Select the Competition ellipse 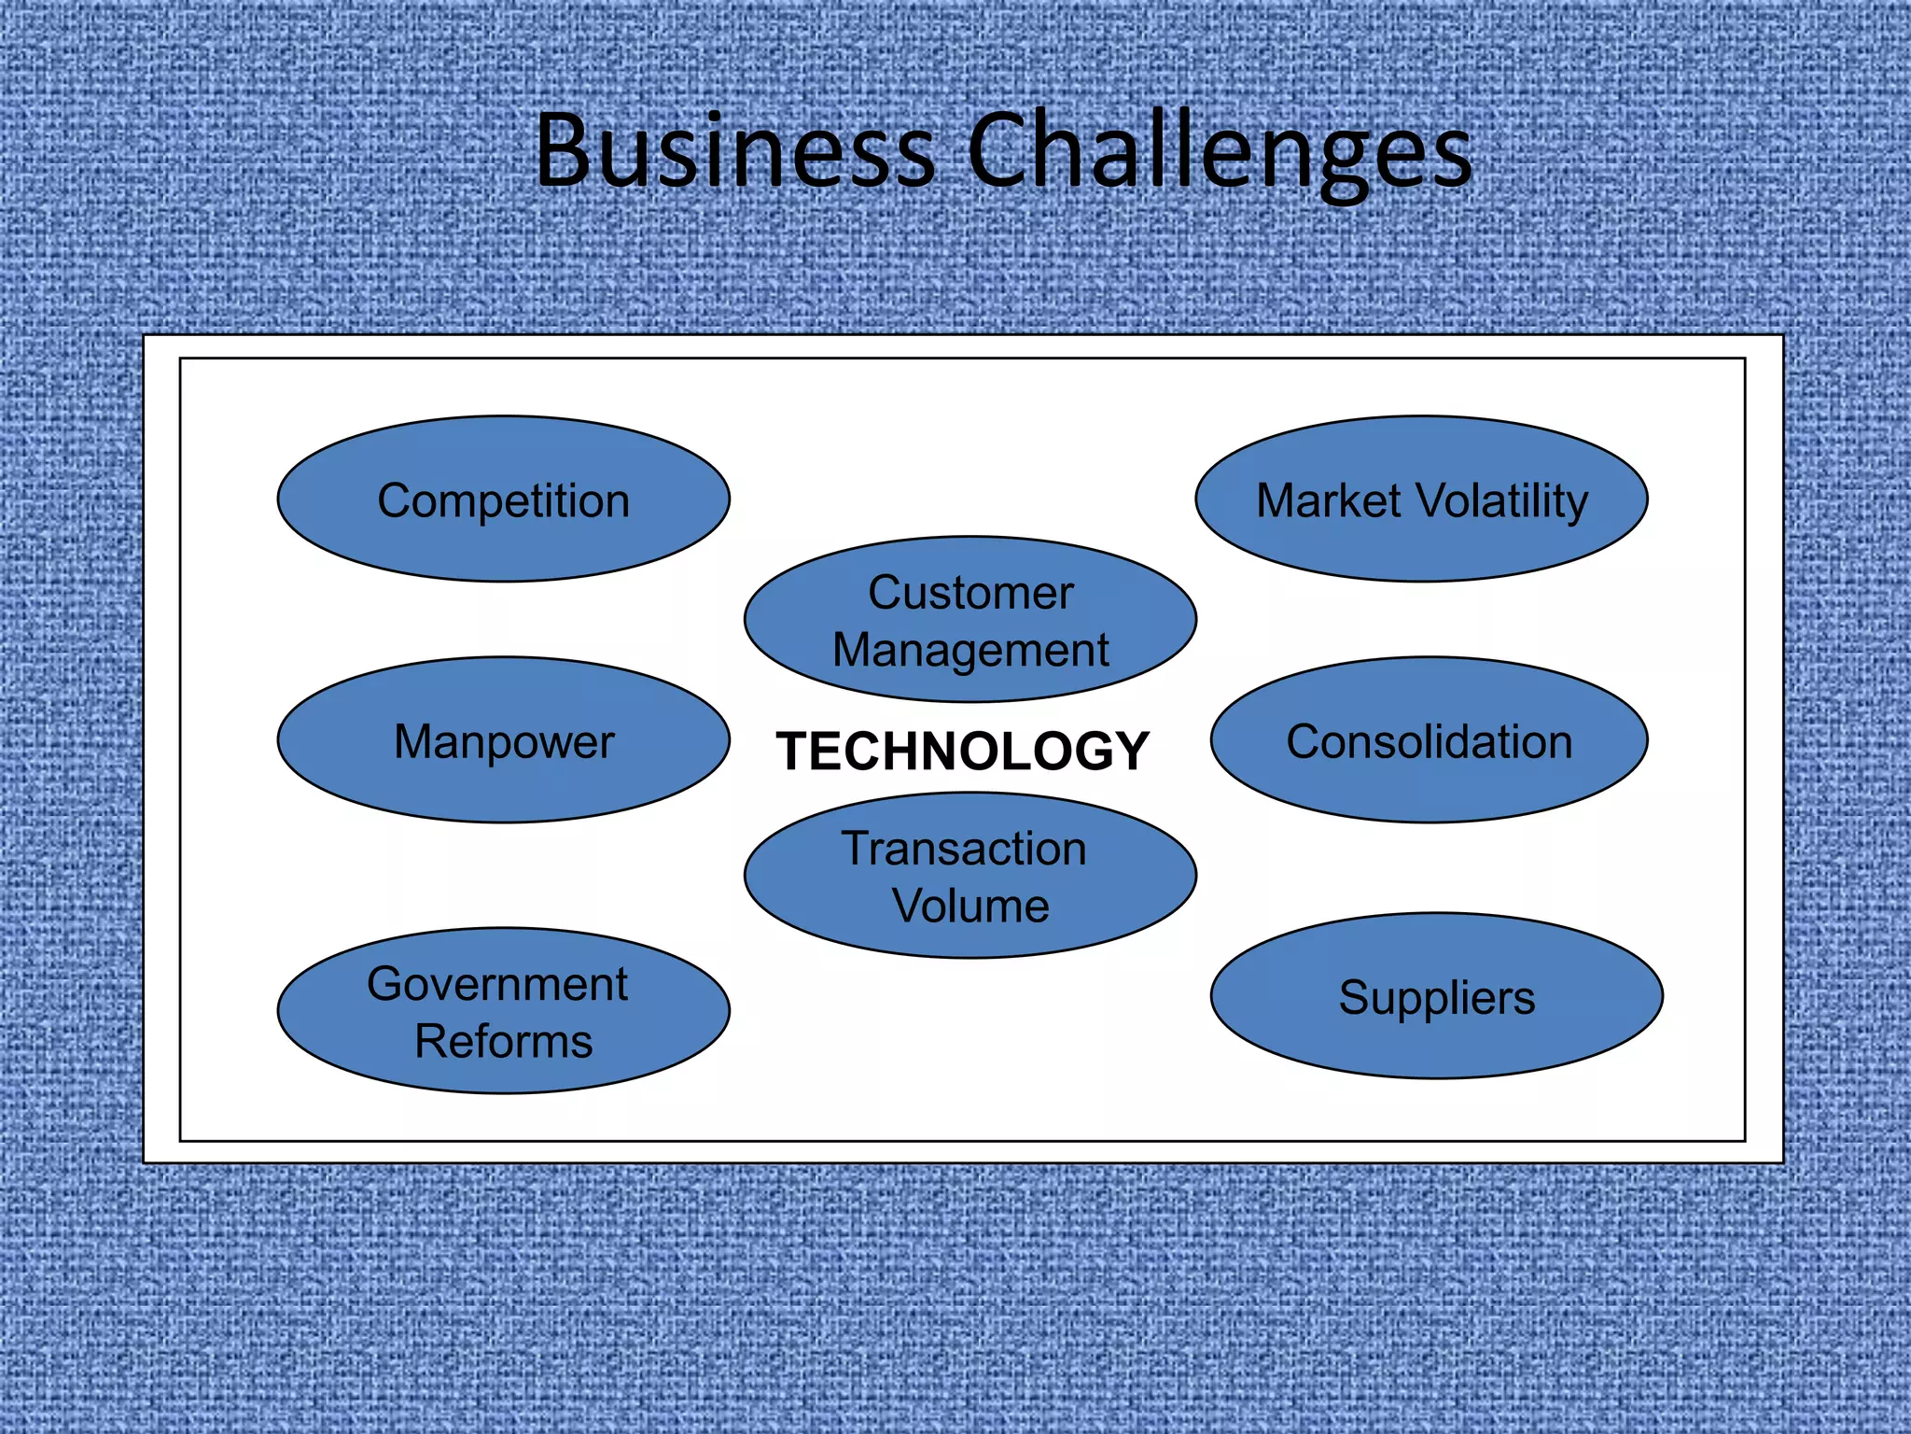click(503, 499)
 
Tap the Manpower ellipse click(503, 741)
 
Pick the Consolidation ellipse click(1429, 741)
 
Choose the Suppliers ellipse click(1436, 997)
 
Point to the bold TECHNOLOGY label click(962, 752)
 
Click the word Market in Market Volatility click(1329, 500)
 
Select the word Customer click(970, 593)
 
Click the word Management click(970, 651)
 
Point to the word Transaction click(965, 849)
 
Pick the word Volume click(970, 906)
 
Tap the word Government click(497, 984)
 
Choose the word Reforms click(503, 1041)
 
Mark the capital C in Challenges click(997, 151)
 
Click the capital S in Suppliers click(1355, 997)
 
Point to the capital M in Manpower click(414, 742)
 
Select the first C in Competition click(395, 500)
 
